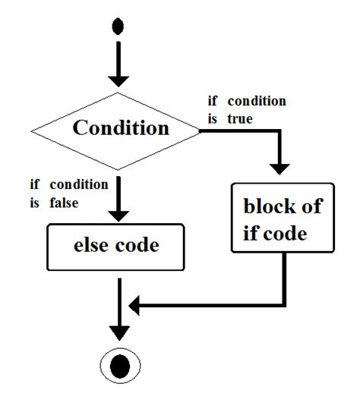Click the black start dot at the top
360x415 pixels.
tap(118, 27)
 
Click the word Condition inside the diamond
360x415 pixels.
tap(121, 127)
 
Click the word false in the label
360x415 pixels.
tap(65, 203)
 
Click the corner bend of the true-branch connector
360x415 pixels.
tap(283, 131)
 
